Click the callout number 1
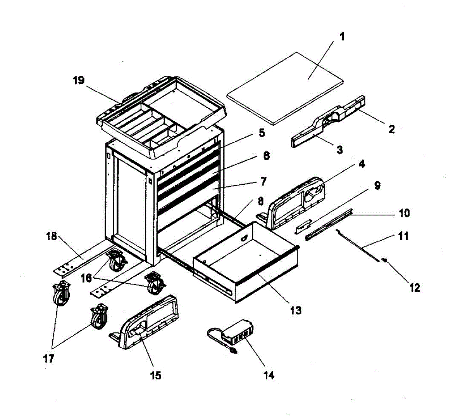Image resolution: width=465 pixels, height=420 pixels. click(342, 38)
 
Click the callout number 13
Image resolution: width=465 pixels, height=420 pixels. click(295, 310)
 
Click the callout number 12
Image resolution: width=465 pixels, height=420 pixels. click(414, 288)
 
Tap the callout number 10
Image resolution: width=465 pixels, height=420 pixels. click(404, 213)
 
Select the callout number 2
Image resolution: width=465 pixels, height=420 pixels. click(391, 130)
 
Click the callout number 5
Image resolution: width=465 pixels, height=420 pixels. click(262, 133)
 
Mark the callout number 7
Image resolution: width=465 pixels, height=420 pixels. click(263, 181)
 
